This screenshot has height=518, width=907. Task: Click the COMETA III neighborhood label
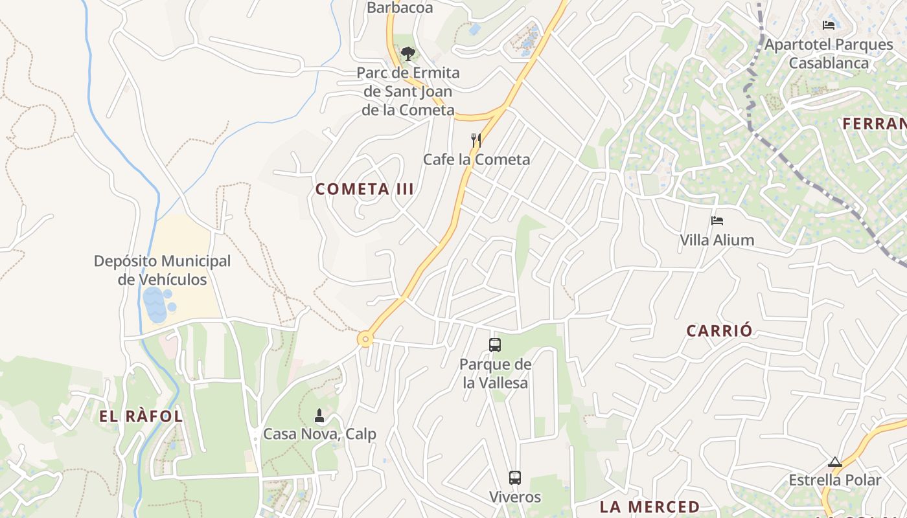point(364,189)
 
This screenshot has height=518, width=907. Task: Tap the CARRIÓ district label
point(719,331)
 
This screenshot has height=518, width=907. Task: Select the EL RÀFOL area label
point(141,416)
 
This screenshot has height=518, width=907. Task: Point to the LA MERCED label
point(649,506)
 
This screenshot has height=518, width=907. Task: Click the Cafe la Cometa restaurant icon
point(476,140)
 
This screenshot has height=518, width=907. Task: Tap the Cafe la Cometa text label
point(476,159)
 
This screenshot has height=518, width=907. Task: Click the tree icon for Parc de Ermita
point(408,54)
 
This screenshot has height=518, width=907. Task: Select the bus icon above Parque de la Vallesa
point(495,345)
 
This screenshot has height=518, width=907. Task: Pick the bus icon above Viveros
point(515,478)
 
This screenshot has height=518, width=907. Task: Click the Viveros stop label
point(515,497)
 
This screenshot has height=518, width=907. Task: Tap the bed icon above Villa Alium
point(717,221)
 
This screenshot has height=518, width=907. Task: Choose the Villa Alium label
point(717,240)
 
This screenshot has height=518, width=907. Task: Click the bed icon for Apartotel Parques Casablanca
point(828,25)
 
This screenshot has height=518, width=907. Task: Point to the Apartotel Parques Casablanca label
point(829,54)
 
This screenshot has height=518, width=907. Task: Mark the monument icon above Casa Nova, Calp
point(319,415)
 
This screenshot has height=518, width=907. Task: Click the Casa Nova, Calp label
point(319,434)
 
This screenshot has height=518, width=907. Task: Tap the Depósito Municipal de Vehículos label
point(162,270)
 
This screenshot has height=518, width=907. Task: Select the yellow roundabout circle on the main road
point(366,339)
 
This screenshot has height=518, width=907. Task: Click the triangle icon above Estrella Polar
point(834,462)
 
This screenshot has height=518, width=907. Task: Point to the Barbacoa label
point(399,8)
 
